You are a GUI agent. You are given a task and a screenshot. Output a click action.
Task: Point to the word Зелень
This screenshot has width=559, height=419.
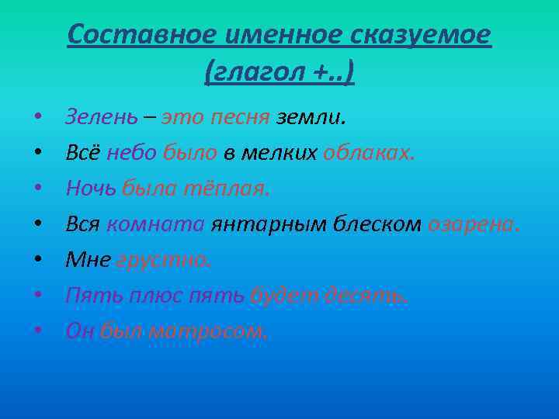102,117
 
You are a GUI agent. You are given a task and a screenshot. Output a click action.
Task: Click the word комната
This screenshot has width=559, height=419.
155,224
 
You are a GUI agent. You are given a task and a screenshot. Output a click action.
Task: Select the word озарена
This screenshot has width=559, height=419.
471,224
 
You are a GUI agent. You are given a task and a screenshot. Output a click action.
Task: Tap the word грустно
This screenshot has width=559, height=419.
164,260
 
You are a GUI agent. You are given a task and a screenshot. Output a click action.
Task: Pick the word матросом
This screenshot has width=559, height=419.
207,331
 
